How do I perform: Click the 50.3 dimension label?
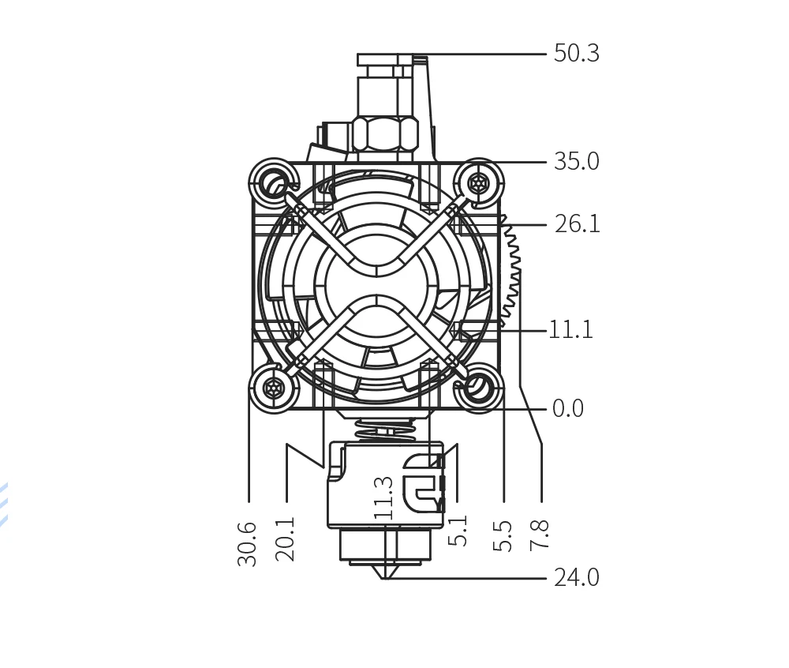(x=576, y=54)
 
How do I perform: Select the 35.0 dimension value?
(x=576, y=162)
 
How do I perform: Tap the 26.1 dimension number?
(x=578, y=224)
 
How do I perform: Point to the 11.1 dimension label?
(x=570, y=330)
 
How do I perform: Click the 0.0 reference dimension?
(x=568, y=408)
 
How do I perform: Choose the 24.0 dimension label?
(x=577, y=577)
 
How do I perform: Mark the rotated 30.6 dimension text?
(x=247, y=544)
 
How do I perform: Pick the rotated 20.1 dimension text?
(x=285, y=539)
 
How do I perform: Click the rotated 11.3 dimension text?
(x=383, y=498)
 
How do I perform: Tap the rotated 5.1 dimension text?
(x=458, y=531)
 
